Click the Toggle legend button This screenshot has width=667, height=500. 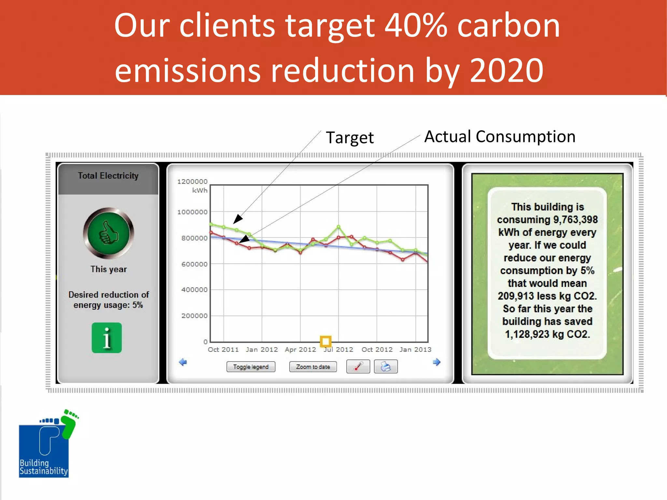point(251,367)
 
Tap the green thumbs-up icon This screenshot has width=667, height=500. point(108,233)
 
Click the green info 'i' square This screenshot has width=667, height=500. point(106,338)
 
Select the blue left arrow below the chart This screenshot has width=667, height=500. point(183,362)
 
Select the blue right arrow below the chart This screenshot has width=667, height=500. point(436,362)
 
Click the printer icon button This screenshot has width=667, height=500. point(386,366)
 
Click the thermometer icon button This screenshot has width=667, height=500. point(358,366)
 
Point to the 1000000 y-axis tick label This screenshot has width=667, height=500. point(192,212)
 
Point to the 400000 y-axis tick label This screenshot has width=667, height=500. point(194,290)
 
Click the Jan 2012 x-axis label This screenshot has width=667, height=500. point(262,350)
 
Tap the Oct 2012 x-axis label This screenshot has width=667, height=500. point(377,350)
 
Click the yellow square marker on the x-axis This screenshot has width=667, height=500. point(325,341)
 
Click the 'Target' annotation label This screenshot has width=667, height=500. point(349,137)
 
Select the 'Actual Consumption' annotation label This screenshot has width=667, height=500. point(500,136)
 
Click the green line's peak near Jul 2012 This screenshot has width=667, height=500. point(338,227)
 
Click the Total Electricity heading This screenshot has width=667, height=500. point(108,176)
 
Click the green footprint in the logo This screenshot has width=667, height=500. point(69,424)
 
